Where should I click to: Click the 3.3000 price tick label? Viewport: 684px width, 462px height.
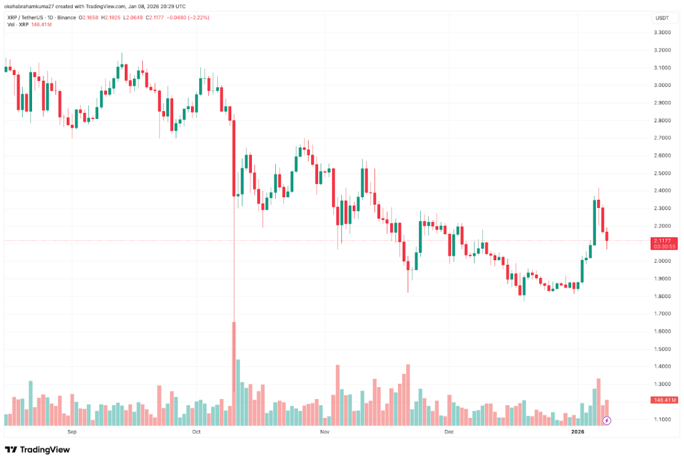pyautogui.click(x=662, y=32)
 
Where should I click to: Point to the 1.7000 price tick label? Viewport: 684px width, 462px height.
pyautogui.click(x=662, y=314)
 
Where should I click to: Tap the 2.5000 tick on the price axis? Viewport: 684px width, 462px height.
pyautogui.click(x=662, y=173)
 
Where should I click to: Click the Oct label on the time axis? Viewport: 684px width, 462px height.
pyautogui.click(x=196, y=432)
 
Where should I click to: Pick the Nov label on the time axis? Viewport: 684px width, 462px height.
pyautogui.click(x=325, y=432)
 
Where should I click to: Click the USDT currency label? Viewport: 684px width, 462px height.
pyautogui.click(x=662, y=17)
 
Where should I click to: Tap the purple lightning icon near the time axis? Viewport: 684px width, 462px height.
pyautogui.click(x=607, y=421)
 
